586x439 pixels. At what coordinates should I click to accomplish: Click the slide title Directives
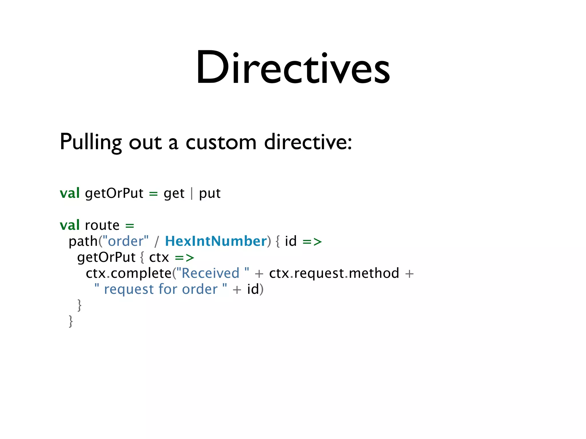coord(292,68)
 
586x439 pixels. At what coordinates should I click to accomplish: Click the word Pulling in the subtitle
coord(90,142)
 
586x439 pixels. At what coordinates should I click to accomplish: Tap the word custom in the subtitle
coord(221,142)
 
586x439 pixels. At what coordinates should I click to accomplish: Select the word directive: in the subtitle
coord(308,142)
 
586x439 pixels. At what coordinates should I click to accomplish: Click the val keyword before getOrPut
coord(70,193)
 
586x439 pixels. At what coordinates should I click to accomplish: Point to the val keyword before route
coord(70,225)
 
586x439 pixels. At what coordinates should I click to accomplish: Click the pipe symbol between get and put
coord(192,193)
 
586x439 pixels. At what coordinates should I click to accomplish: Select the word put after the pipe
coord(210,194)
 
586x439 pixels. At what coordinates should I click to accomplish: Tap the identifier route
coord(102,225)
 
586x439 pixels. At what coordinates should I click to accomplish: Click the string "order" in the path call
coord(126,241)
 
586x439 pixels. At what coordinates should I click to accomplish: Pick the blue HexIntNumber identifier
coord(216,241)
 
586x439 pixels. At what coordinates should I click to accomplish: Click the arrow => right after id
coord(312,242)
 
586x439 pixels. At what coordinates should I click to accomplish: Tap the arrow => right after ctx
coord(185,258)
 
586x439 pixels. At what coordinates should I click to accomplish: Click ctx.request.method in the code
coord(334,273)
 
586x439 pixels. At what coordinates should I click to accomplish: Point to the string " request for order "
coord(161,289)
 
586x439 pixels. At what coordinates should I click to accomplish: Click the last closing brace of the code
coord(71,321)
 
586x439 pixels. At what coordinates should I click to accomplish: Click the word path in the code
coord(83,242)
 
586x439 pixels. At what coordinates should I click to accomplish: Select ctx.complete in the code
coord(128,273)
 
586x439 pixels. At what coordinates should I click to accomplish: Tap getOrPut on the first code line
coord(114,193)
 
